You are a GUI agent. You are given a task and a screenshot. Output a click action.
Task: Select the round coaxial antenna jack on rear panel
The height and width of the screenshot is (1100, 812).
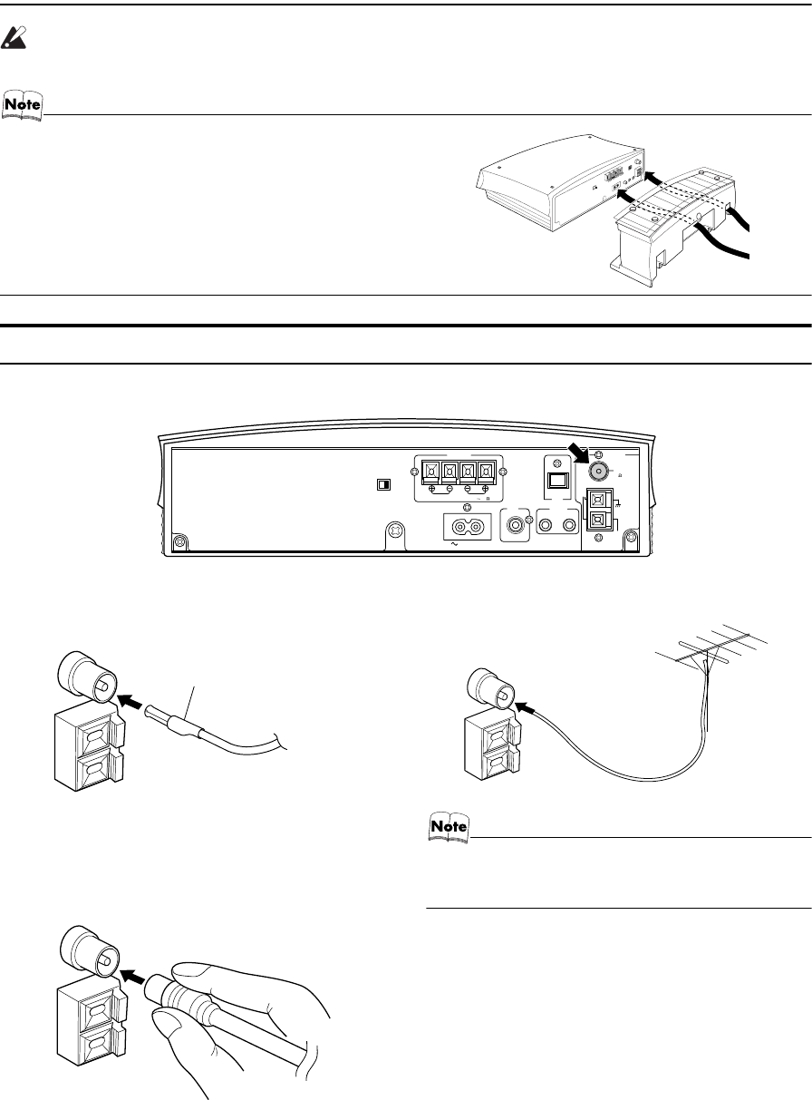point(597,472)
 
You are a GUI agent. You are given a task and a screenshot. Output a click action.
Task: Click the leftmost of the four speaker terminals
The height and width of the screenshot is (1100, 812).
point(431,472)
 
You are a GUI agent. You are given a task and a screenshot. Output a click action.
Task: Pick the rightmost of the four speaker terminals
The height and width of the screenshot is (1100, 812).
point(487,472)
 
